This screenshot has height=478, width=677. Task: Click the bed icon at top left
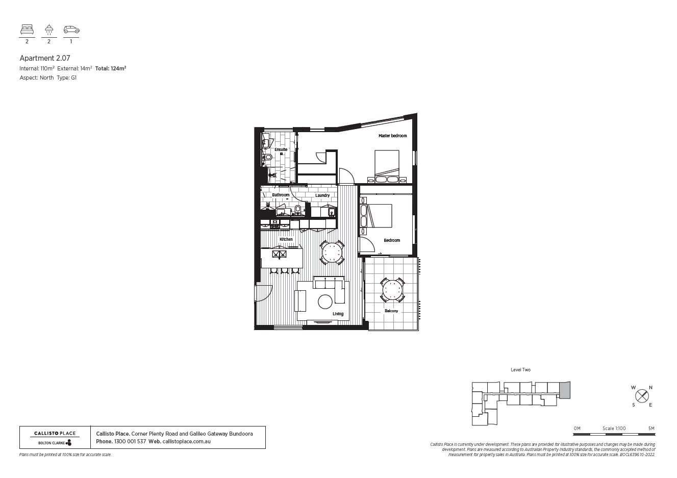click(27, 30)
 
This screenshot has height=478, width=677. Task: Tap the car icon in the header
click(71, 30)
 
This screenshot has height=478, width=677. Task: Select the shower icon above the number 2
click(49, 30)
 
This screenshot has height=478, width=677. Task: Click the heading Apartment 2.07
click(45, 59)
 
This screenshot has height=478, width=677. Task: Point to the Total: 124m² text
click(111, 68)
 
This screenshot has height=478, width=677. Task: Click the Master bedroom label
click(392, 136)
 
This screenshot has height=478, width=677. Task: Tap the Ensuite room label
click(281, 149)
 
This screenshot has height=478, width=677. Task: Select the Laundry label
click(322, 195)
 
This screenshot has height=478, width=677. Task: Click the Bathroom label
click(280, 195)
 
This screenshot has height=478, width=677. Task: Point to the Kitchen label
click(286, 239)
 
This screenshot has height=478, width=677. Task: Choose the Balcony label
click(391, 311)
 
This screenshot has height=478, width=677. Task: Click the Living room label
click(338, 314)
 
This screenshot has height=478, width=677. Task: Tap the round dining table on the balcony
click(392, 290)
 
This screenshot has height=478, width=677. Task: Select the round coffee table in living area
click(325, 302)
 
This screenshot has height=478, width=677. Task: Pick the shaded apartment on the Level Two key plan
click(564, 390)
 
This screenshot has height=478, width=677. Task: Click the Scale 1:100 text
click(614, 428)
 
